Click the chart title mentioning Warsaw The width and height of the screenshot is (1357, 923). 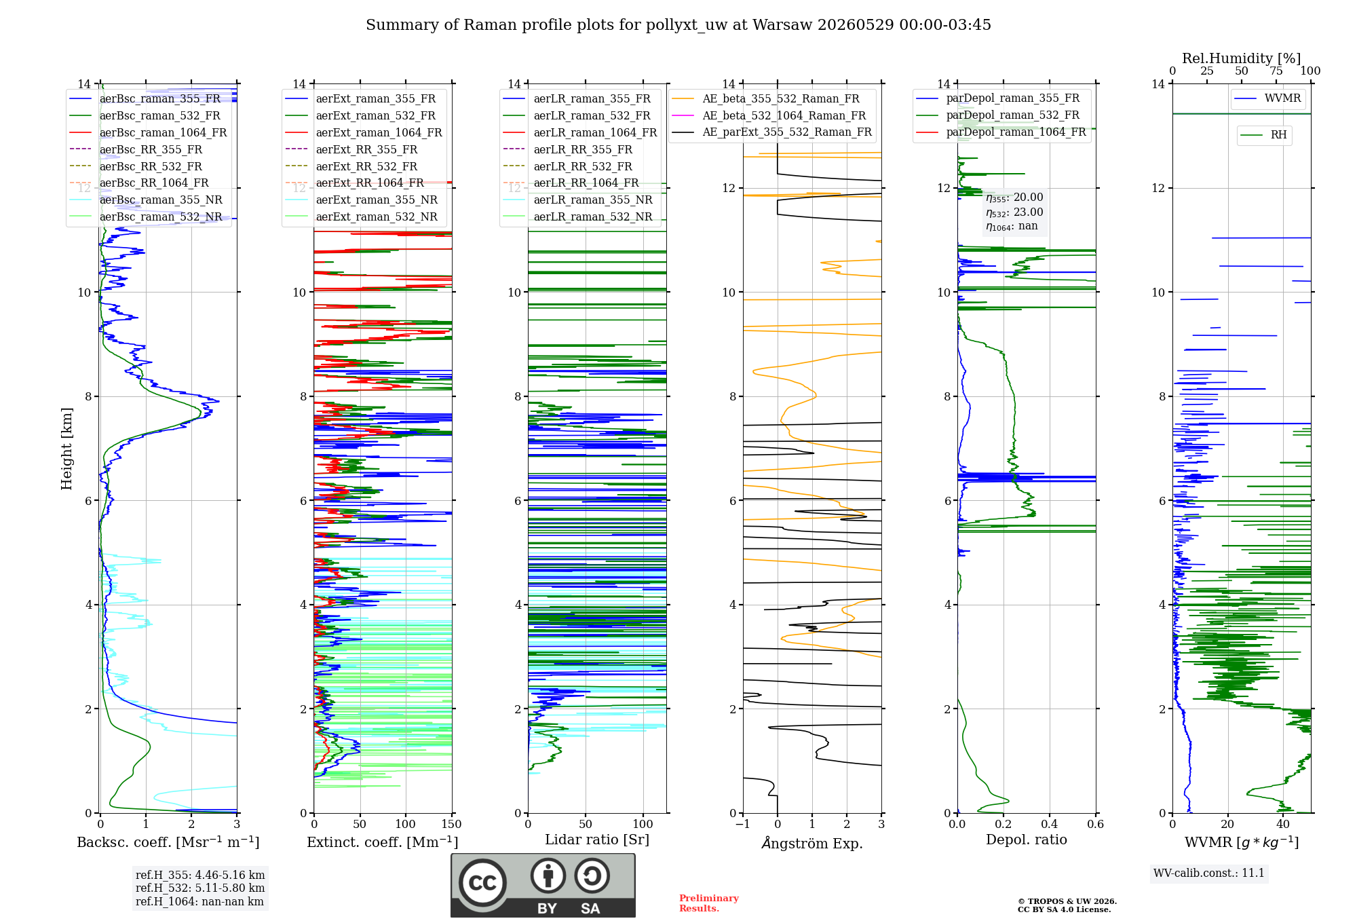(x=678, y=25)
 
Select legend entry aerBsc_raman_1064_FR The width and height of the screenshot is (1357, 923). (x=148, y=132)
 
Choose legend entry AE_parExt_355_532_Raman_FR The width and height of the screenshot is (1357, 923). (x=771, y=132)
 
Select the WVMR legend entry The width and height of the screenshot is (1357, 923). (x=1268, y=98)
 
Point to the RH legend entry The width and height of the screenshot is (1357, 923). (x=1264, y=135)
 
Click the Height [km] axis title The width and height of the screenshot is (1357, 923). (x=66, y=449)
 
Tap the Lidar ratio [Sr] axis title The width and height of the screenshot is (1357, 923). (x=597, y=840)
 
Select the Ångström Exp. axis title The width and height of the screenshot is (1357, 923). (x=812, y=843)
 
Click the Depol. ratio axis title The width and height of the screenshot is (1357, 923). (x=1027, y=840)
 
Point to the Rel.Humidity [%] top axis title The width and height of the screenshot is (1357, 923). (x=1242, y=58)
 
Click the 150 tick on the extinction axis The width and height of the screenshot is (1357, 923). (x=451, y=824)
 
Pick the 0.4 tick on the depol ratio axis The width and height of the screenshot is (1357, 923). (x=1050, y=824)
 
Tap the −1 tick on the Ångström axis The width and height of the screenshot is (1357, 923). (x=743, y=824)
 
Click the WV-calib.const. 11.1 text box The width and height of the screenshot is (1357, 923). (x=1209, y=873)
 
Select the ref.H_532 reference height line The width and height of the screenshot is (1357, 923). (x=200, y=888)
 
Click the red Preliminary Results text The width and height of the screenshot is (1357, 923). (x=709, y=903)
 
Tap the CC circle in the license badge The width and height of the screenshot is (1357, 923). (x=482, y=883)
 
